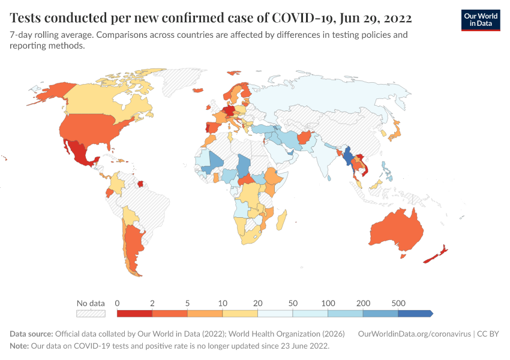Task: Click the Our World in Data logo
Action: tap(480, 20)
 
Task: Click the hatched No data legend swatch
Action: tap(90, 313)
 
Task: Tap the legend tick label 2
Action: tap(152, 303)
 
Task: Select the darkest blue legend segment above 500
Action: tap(415, 313)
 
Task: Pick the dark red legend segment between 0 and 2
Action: tap(134, 313)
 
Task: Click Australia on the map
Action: tap(396, 231)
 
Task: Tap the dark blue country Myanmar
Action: tap(347, 157)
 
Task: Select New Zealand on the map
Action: tap(435, 254)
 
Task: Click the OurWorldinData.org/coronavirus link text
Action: tap(413, 334)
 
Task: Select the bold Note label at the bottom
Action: tap(20, 346)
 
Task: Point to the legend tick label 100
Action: tap(328, 303)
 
